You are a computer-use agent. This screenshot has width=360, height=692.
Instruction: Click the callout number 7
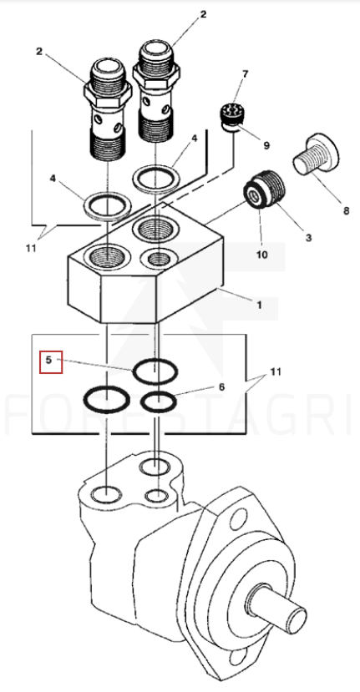(x=245, y=74)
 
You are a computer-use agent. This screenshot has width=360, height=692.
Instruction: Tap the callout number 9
(x=266, y=144)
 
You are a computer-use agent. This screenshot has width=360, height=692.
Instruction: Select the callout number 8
(x=346, y=210)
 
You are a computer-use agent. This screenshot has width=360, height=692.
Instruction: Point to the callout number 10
(x=262, y=255)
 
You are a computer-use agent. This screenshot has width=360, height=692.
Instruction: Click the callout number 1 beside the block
(x=259, y=305)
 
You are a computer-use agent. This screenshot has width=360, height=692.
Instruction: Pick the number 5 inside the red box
(x=48, y=360)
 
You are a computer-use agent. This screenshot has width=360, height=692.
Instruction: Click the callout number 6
(x=221, y=387)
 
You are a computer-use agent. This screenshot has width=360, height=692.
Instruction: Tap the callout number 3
(x=308, y=237)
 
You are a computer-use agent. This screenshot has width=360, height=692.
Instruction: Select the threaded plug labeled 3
(x=264, y=188)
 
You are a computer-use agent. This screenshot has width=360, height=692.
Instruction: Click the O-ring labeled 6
(x=158, y=402)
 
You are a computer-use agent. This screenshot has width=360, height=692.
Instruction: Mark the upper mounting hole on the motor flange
(x=239, y=521)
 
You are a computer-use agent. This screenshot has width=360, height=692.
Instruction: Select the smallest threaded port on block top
(x=158, y=258)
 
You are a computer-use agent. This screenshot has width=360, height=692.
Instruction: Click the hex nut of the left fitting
(x=108, y=94)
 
